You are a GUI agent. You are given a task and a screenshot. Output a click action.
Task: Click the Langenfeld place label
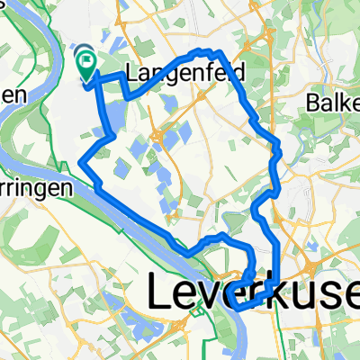tap(175, 74)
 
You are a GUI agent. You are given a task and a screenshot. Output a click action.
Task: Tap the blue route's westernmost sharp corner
tap(81, 163)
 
